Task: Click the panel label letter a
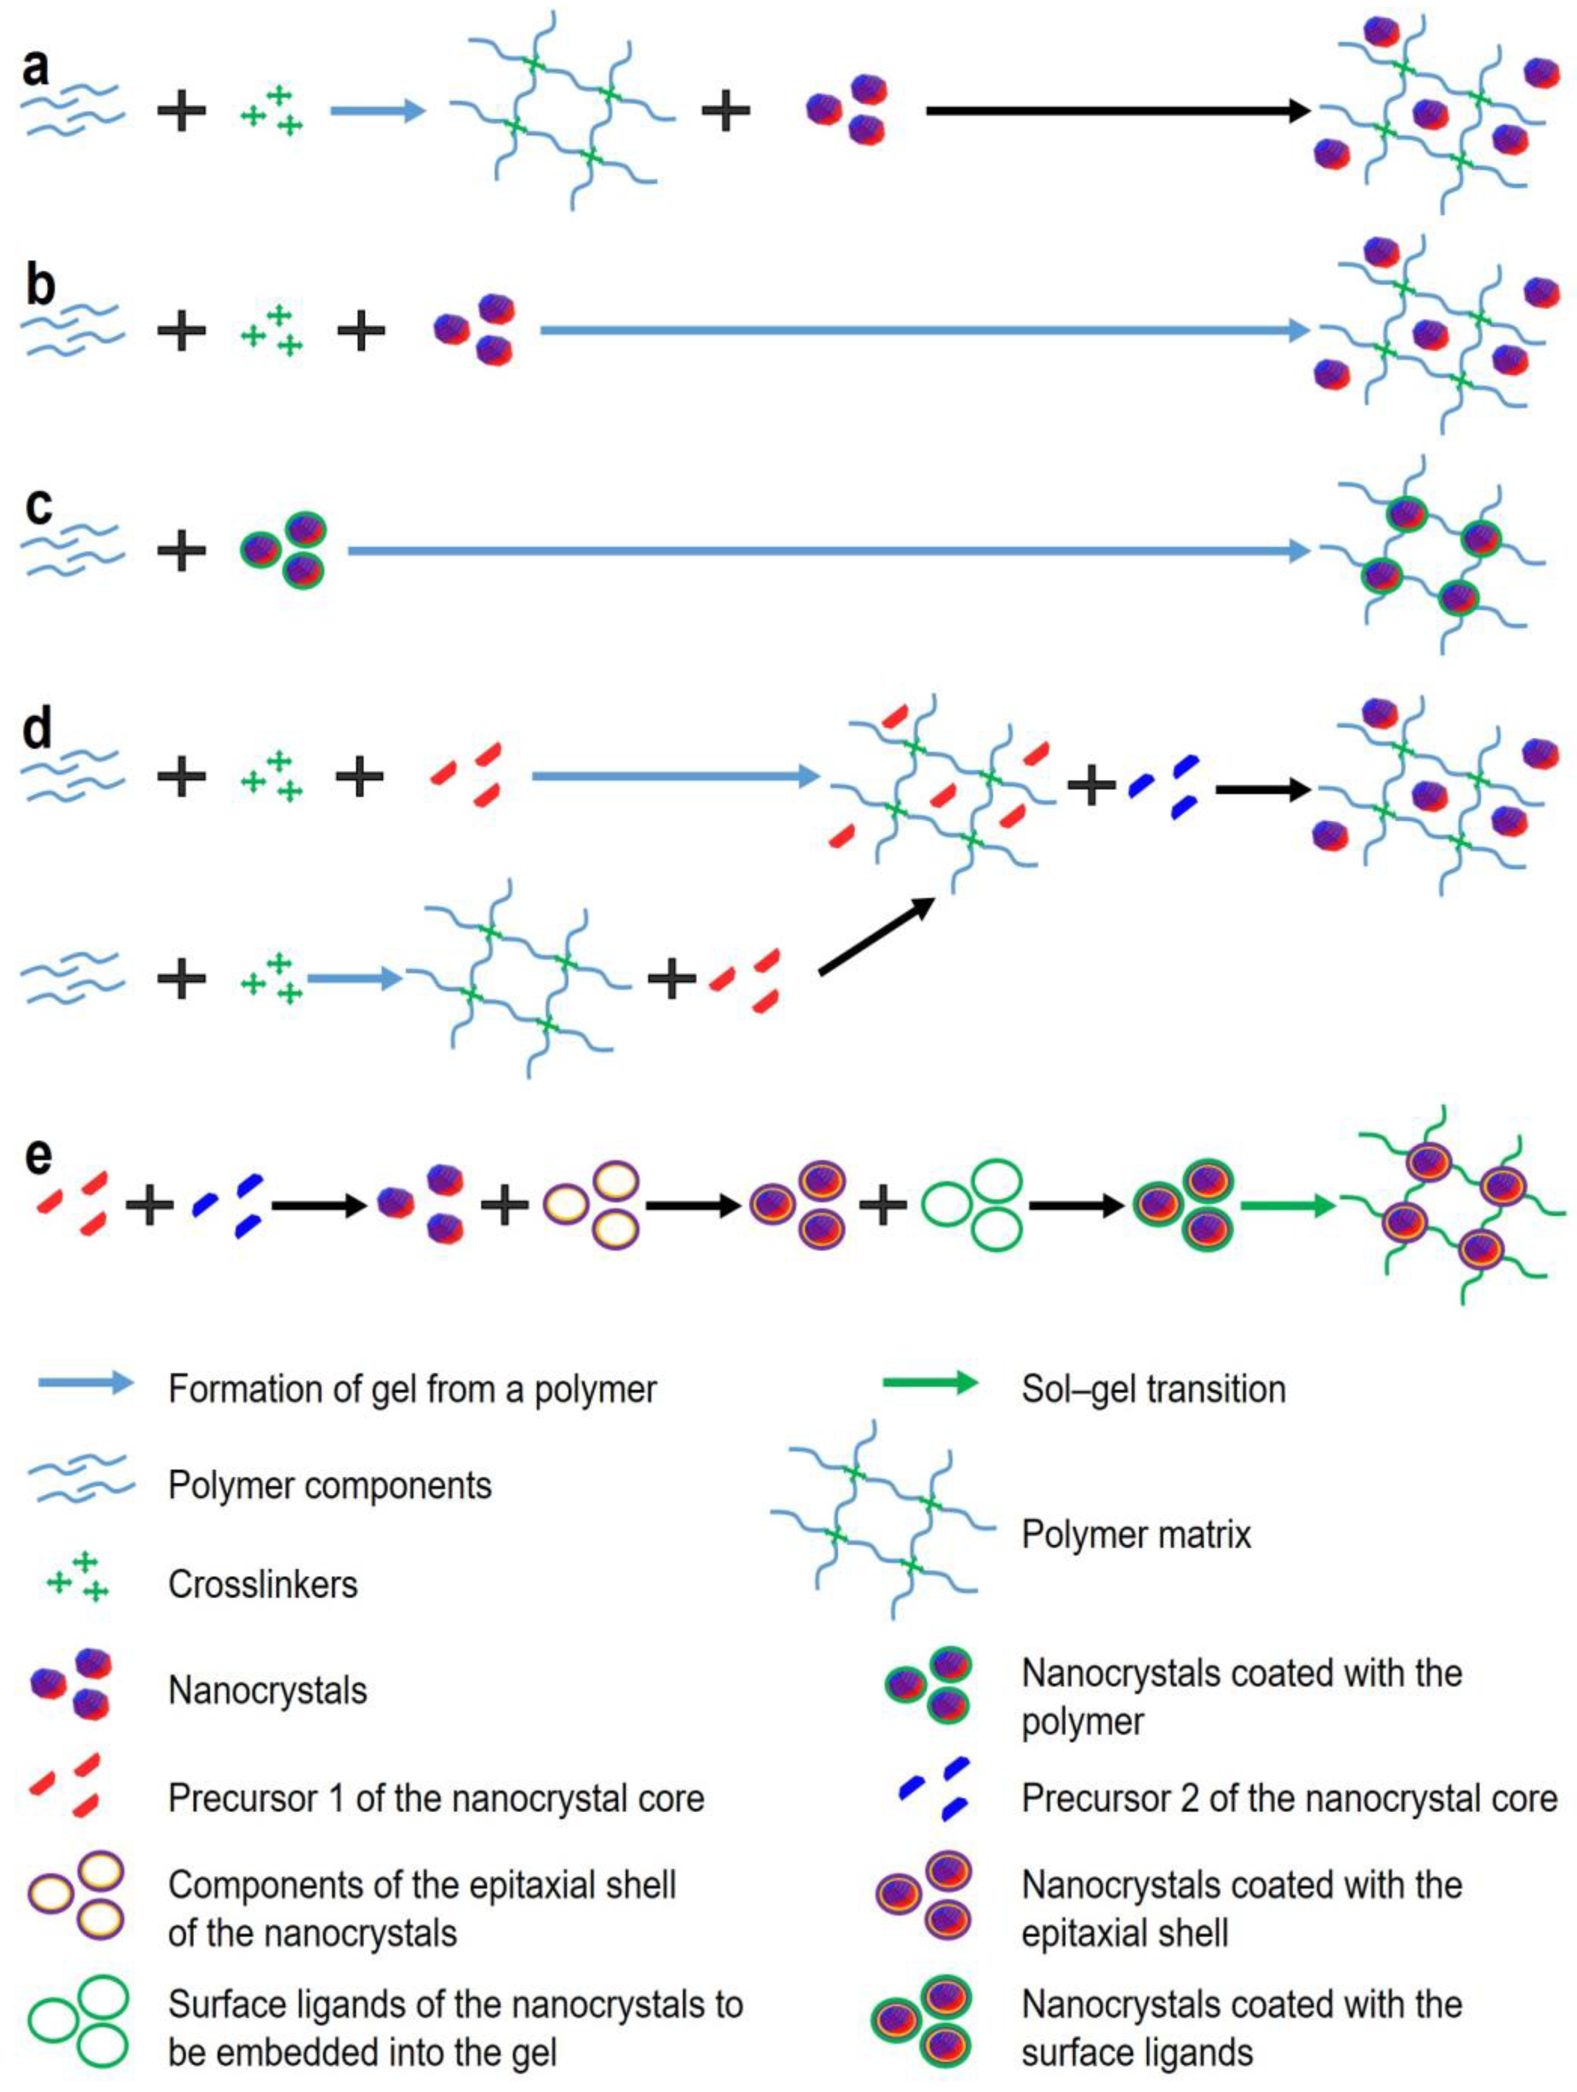36,68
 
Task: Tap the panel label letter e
38,1156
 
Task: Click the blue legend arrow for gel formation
86,1383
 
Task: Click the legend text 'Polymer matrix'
1135,1534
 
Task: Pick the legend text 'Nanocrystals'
268,1690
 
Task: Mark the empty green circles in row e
973,1206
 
